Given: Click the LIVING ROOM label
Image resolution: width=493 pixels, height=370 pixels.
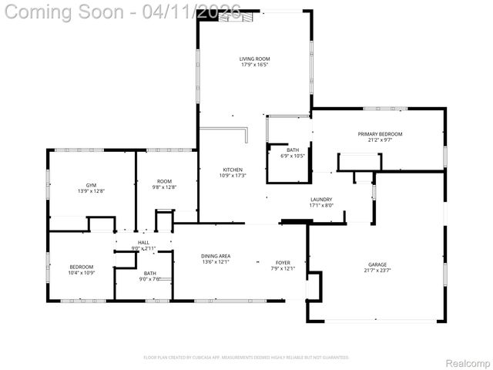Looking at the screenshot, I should tap(253, 59).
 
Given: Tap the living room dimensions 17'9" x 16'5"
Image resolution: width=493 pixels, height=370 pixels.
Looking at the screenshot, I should tap(253, 65).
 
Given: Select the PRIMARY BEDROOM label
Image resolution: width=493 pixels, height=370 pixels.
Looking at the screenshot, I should tap(380, 134).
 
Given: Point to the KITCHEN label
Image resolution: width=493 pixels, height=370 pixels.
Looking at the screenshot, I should tap(233, 170).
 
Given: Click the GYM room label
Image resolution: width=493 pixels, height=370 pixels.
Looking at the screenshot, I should tap(91, 185).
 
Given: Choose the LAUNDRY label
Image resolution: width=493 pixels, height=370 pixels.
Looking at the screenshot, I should tap(320, 199).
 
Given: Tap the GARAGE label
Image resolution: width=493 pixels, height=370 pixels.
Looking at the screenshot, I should tap(377, 264).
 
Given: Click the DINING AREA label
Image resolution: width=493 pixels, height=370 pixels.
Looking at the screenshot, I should tap(216, 256).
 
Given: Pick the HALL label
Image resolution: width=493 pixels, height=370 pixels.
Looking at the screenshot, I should tap(143, 243).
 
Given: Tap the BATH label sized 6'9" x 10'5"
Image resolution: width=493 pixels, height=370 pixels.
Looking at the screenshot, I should tap(293, 150).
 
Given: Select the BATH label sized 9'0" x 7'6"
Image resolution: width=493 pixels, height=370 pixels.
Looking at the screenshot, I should tap(149, 274).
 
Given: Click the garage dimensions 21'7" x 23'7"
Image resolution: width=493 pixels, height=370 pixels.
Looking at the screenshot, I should tap(377, 270).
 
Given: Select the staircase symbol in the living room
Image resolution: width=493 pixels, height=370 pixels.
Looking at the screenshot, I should tap(235, 18).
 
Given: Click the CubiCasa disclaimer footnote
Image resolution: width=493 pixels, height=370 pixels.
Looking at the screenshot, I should tap(246, 357).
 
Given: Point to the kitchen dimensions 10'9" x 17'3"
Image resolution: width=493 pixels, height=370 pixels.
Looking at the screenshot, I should tap(233, 176).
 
